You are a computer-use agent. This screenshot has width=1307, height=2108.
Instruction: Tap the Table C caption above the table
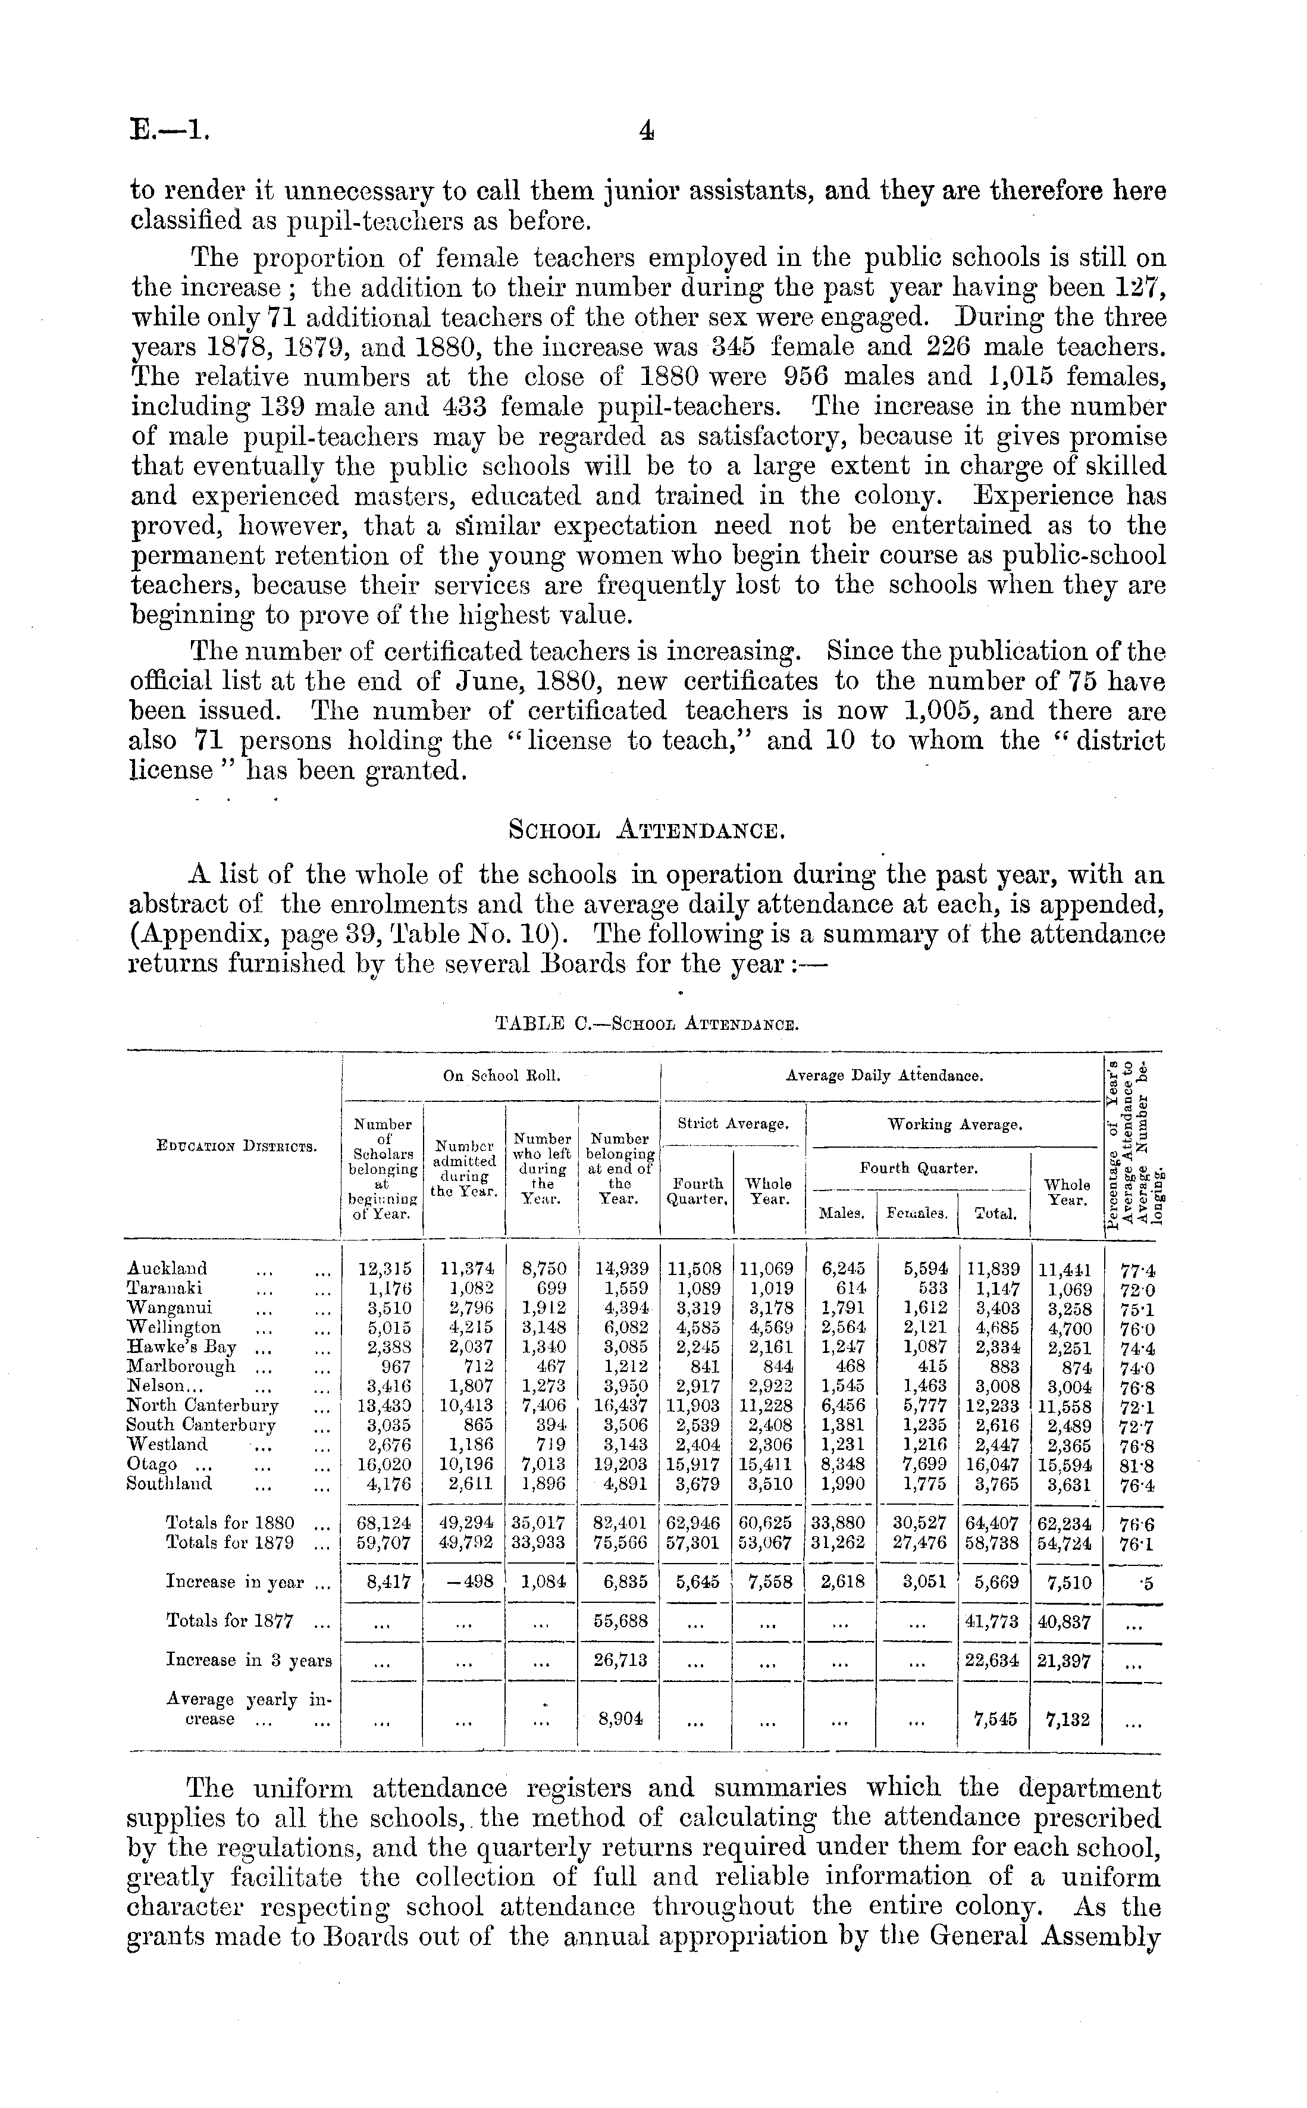click(x=645, y=1025)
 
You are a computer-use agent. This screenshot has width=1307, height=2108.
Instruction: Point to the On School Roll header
click(x=502, y=1076)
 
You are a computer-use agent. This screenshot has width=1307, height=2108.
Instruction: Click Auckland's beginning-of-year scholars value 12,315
click(x=385, y=1270)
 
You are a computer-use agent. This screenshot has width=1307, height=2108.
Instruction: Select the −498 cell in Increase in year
click(x=466, y=1581)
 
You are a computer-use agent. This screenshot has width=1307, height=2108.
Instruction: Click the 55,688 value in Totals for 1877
click(x=620, y=1621)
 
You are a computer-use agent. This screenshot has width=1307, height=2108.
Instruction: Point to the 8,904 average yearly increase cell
click(x=620, y=1719)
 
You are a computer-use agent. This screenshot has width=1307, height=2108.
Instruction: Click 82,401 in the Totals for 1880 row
click(x=620, y=1523)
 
